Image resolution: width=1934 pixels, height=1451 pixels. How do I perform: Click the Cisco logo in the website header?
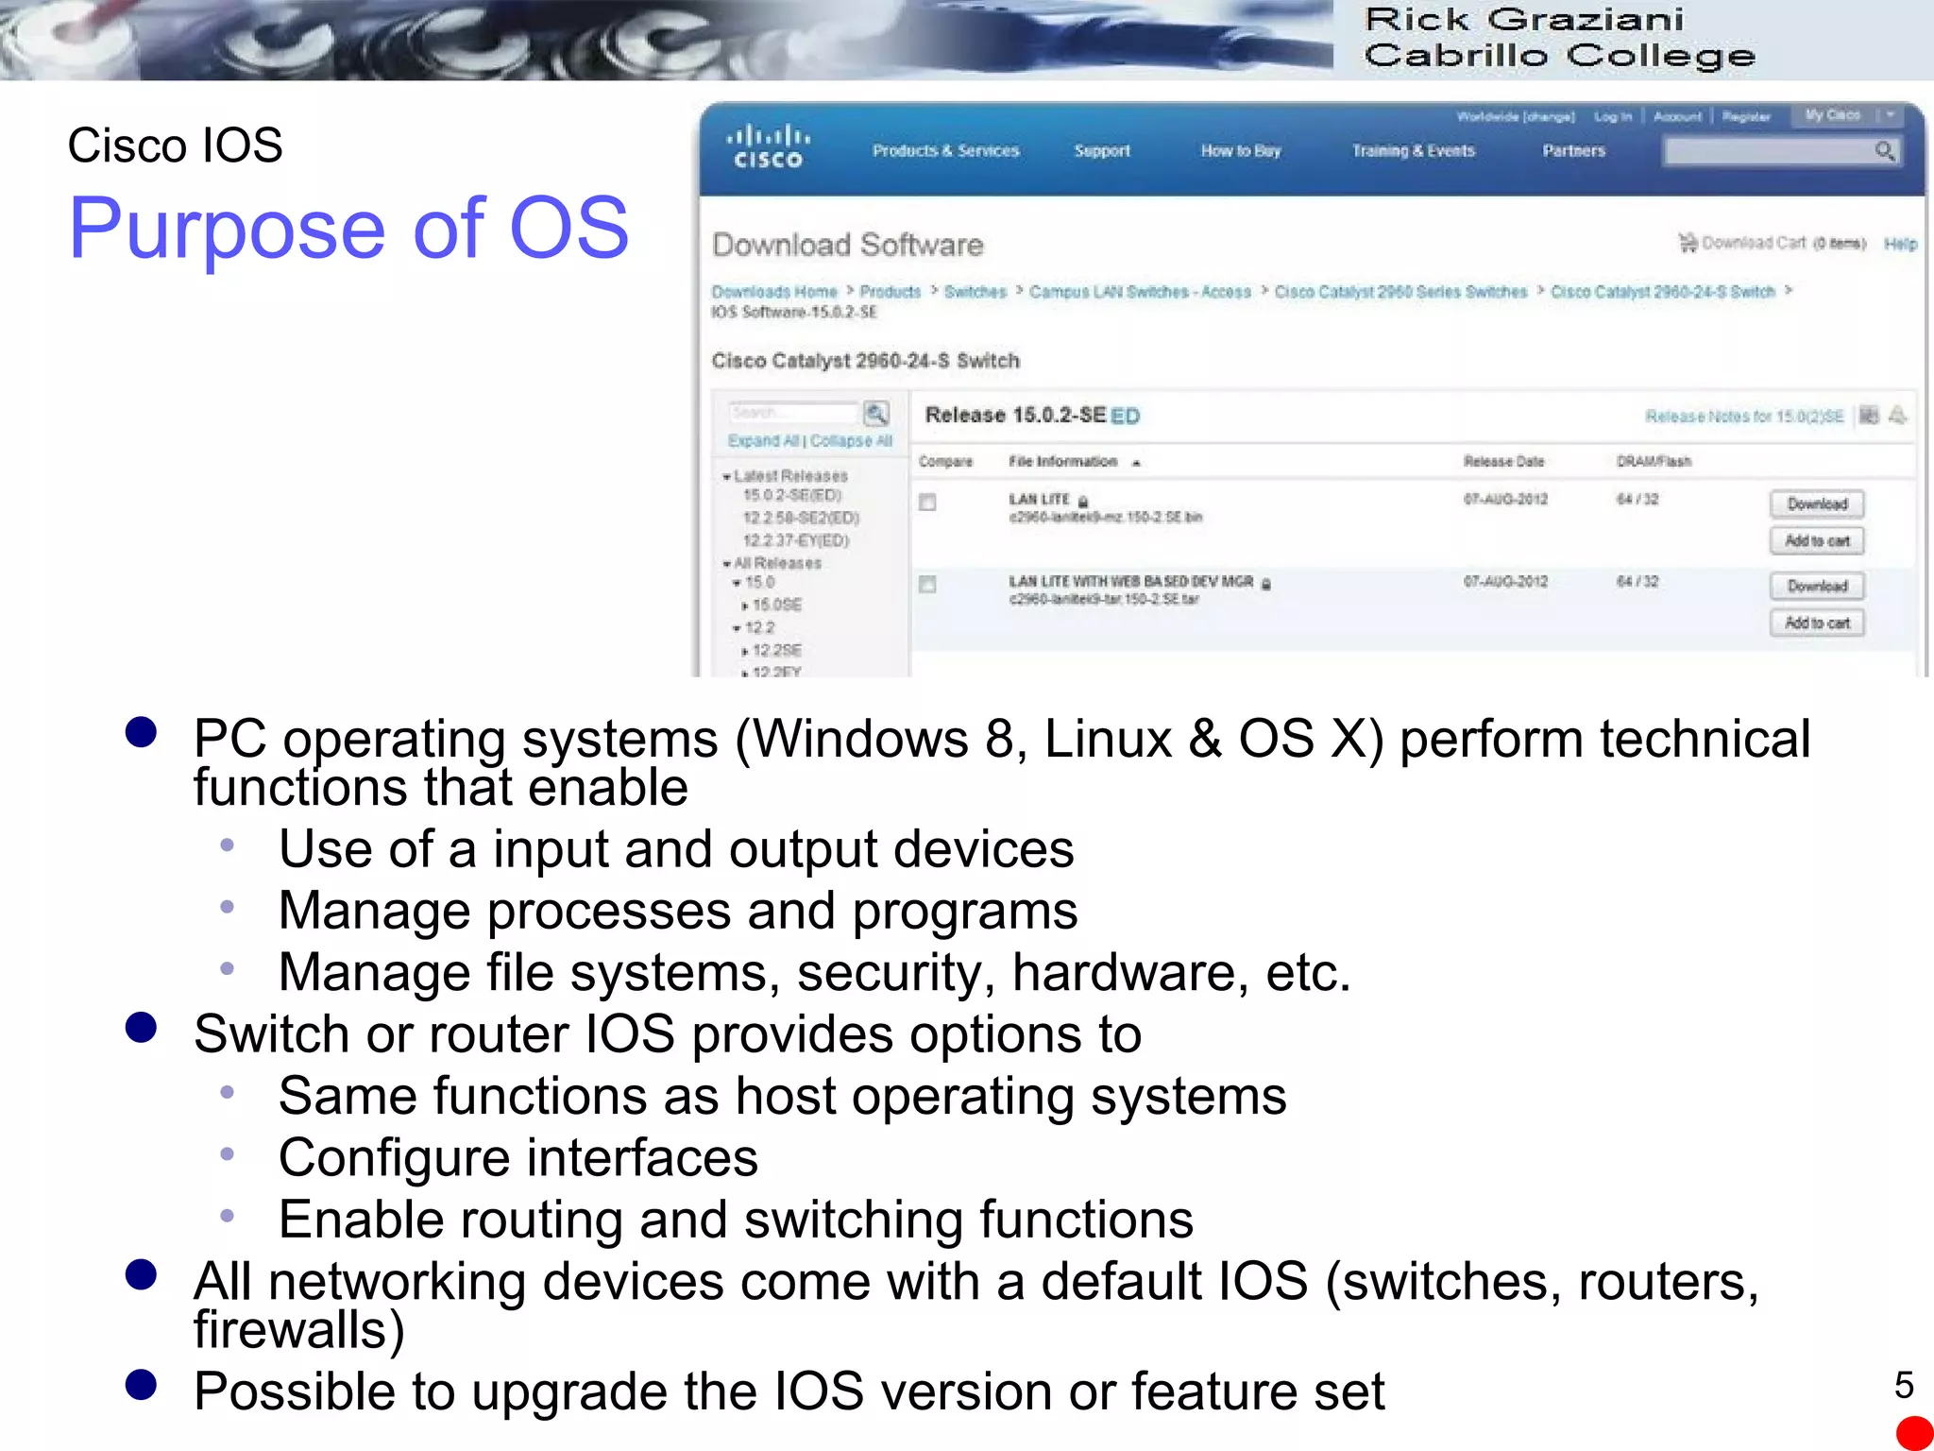tap(768, 147)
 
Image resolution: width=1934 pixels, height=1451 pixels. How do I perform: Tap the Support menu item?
tap(1101, 151)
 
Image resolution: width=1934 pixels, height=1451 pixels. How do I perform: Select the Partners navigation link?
tap(1573, 151)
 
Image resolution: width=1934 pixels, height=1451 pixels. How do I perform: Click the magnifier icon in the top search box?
tap(1884, 151)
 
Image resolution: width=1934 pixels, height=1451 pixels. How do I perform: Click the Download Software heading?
tap(847, 246)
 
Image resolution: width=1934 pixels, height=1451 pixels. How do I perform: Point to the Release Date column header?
tap(1503, 462)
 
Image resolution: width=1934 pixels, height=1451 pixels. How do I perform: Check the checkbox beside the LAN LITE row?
tap(927, 503)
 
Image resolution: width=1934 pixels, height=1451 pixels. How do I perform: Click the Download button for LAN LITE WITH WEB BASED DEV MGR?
tap(1816, 587)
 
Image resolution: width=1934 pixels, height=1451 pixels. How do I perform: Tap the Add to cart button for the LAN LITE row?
tap(1816, 541)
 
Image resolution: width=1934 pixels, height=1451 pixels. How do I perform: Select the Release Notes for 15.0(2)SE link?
tap(1743, 417)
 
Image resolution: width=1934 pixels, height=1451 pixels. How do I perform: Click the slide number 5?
tap(1904, 1385)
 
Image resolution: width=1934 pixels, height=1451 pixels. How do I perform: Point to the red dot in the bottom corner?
tap(1914, 1433)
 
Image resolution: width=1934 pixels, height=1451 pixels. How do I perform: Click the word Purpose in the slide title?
tap(227, 229)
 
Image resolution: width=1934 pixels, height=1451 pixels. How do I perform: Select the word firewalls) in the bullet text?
tap(298, 1330)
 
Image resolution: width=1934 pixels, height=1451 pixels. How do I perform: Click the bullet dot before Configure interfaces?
tap(227, 1154)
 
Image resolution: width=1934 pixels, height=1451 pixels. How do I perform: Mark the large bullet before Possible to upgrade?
tap(141, 1385)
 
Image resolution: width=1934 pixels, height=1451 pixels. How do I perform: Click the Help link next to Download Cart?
tap(1900, 245)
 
